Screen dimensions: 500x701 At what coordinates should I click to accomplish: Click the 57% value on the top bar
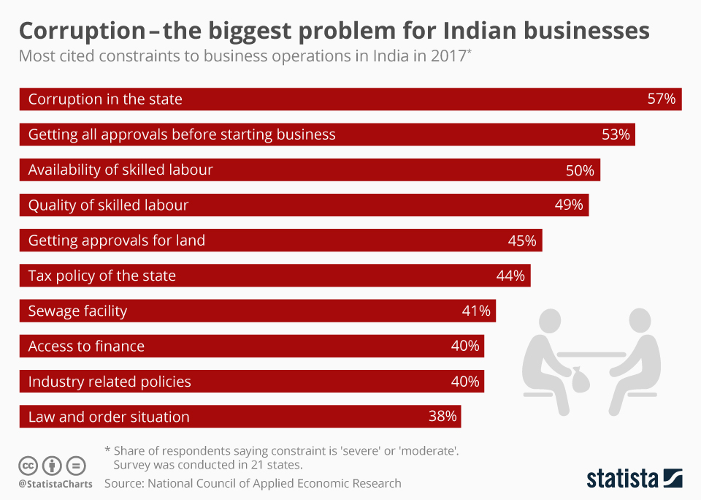(x=662, y=99)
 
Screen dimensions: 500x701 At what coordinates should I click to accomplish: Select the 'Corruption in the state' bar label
(x=105, y=99)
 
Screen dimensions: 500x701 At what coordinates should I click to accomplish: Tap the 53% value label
(x=615, y=135)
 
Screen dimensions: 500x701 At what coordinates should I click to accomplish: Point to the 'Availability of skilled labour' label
(x=120, y=170)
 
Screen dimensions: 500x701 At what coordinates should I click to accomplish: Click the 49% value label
(x=569, y=205)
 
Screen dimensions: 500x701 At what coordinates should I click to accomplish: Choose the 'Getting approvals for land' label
(x=116, y=240)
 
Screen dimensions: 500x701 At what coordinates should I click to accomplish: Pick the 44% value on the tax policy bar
(x=510, y=276)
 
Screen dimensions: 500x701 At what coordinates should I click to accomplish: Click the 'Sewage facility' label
(x=77, y=311)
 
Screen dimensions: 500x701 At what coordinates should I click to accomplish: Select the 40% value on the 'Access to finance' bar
(x=465, y=346)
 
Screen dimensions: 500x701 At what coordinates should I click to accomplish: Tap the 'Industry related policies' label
(x=110, y=382)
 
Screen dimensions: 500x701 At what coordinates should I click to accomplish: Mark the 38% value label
(x=443, y=417)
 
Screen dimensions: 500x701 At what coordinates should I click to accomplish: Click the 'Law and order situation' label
(x=109, y=417)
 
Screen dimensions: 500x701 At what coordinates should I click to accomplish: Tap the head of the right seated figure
(x=640, y=320)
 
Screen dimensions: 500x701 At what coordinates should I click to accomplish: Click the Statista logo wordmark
(x=622, y=479)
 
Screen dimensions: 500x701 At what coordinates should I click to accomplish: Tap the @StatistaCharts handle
(x=55, y=484)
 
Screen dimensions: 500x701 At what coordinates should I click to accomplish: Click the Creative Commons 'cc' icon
(x=28, y=465)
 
